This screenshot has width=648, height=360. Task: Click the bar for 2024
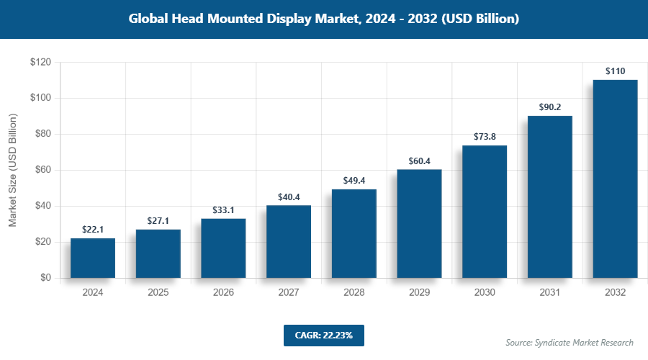(93, 258)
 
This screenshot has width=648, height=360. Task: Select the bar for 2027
(289, 241)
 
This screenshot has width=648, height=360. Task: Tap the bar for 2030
(485, 212)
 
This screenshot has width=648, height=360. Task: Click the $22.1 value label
(93, 229)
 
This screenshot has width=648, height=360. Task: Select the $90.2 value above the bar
(550, 107)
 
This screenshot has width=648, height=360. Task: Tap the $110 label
(615, 71)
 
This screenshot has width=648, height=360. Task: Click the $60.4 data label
(419, 161)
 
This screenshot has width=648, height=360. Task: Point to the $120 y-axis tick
(40, 63)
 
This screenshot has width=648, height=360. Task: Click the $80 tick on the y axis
(42, 134)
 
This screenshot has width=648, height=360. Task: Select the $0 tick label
(45, 278)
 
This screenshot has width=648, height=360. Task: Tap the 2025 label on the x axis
(158, 293)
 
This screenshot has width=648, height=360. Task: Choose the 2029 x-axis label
(419, 293)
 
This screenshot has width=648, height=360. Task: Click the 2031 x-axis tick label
(550, 293)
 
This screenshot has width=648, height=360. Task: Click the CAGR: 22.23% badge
(324, 335)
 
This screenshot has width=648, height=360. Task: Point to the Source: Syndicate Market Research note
(570, 342)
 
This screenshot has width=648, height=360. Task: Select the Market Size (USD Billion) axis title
(12, 170)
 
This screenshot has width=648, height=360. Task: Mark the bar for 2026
(223, 248)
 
